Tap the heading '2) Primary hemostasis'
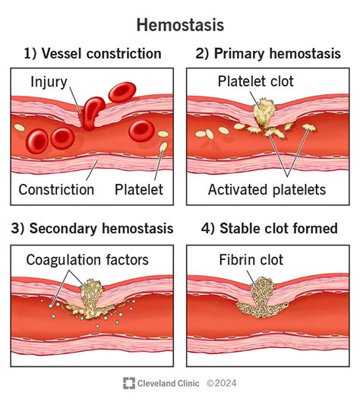(x=267, y=53)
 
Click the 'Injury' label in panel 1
(x=49, y=81)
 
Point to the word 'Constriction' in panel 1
(x=56, y=189)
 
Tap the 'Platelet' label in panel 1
(x=139, y=189)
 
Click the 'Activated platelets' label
(x=267, y=189)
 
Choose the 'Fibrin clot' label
(x=250, y=260)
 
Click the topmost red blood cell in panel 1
(x=122, y=91)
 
